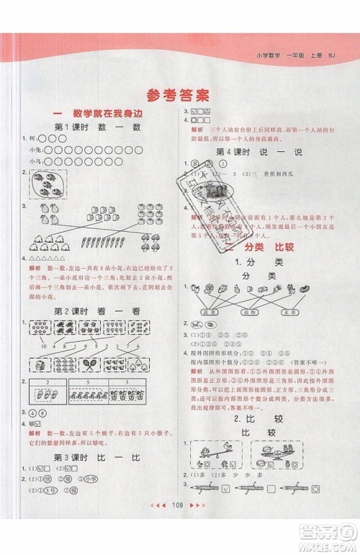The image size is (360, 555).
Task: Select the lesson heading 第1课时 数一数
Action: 98,127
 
